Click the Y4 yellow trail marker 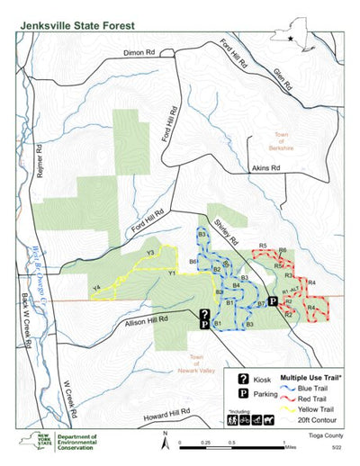click(x=94, y=288)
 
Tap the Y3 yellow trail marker click(x=150, y=253)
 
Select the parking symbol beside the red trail click(x=273, y=302)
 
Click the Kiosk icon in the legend click(x=243, y=381)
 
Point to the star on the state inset click(x=291, y=39)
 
